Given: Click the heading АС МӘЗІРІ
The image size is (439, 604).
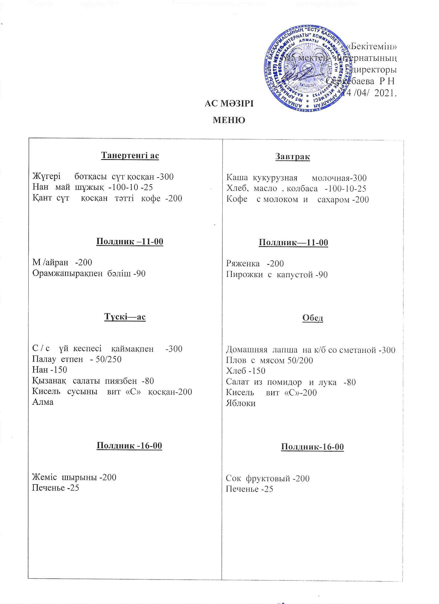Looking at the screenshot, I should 229,103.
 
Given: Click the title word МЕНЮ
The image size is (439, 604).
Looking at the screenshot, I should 229,120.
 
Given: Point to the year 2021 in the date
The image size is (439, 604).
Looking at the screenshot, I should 385,93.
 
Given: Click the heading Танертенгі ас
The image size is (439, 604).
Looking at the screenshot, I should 130,155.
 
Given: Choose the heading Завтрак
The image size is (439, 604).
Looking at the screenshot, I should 293,156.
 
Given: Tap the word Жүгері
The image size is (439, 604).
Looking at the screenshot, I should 46,176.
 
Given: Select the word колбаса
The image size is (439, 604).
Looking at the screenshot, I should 302,189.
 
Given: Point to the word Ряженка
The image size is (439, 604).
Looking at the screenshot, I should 243,264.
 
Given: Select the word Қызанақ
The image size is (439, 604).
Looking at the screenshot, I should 49,381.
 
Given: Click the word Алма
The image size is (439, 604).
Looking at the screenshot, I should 43,402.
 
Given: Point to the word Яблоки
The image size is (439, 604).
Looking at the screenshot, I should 241,403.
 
